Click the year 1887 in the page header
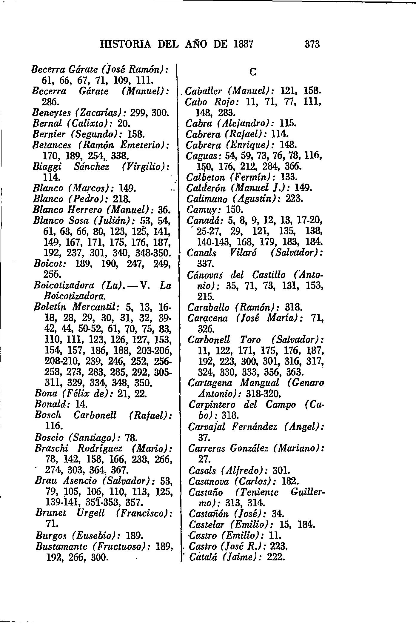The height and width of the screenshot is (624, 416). pos(243,44)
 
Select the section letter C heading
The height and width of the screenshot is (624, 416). pos(252,72)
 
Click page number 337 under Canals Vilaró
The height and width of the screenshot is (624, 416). pos(204,264)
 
